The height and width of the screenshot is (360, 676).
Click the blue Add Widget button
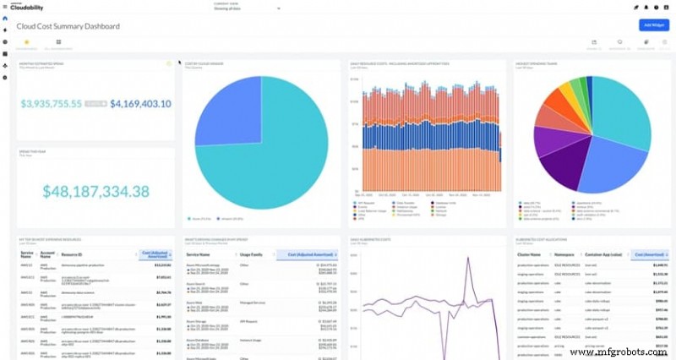[653, 25]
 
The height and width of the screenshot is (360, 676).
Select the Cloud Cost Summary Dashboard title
[68, 26]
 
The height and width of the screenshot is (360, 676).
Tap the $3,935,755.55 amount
[51, 103]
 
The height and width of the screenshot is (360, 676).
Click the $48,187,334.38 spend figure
[96, 191]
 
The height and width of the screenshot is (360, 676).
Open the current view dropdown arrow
[279, 8]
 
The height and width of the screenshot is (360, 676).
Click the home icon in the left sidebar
[5, 18]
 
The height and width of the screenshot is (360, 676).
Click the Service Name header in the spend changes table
[199, 254]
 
